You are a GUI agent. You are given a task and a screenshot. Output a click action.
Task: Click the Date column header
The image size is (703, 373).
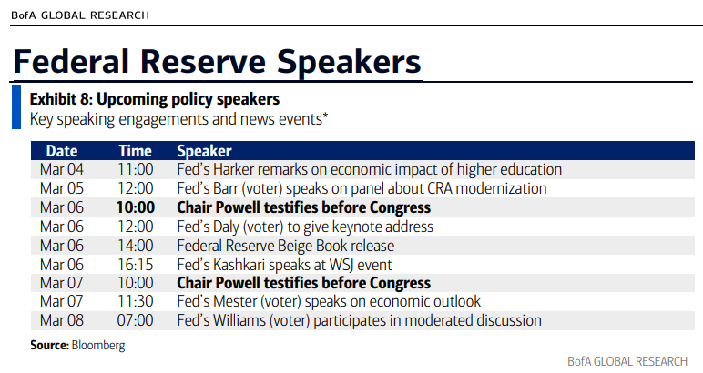tap(62, 151)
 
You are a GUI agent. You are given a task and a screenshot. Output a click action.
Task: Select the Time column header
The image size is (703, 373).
tap(135, 151)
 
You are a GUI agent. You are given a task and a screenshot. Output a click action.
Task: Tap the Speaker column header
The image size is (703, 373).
tap(205, 151)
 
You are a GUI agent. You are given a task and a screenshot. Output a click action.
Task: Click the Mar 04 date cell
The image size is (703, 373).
tap(61, 170)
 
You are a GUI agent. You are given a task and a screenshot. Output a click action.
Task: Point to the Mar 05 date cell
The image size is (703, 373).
tap(61, 188)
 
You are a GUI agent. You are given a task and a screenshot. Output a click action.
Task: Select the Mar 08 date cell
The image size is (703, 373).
tap(61, 320)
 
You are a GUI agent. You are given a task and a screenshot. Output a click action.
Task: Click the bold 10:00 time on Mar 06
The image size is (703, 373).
tap(136, 207)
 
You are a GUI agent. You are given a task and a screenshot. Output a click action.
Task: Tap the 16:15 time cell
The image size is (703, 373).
tap(136, 265)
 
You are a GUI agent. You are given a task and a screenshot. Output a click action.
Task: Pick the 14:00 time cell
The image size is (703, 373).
tap(136, 246)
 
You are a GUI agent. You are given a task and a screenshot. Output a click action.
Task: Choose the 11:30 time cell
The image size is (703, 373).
tap(136, 301)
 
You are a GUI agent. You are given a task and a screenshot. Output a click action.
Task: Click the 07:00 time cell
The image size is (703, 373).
tap(136, 320)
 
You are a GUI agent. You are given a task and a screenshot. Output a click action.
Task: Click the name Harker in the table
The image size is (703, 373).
tap(233, 170)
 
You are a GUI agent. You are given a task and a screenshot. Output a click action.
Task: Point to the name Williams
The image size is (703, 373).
tap(239, 320)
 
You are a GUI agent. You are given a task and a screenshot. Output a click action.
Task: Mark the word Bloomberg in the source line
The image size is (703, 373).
tap(98, 346)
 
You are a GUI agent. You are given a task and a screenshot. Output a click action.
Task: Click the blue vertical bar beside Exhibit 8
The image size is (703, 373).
tap(16, 107)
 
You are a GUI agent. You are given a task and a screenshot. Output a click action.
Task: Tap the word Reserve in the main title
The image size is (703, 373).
tap(203, 62)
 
